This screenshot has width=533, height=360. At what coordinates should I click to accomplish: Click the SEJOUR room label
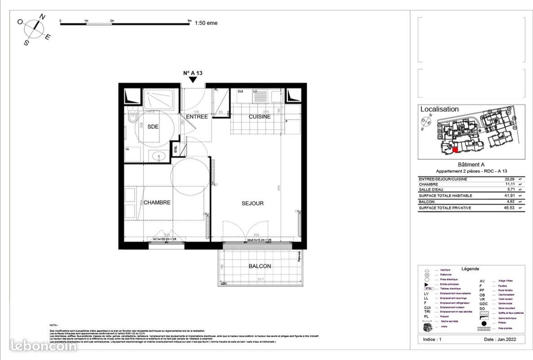coord(252,203)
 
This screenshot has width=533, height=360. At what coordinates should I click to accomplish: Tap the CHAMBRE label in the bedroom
coord(157,202)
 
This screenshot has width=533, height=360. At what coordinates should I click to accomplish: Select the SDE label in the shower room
coord(153,127)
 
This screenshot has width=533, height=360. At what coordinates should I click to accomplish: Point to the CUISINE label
coord(260,117)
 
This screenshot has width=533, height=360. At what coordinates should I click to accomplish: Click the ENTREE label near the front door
coord(197,117)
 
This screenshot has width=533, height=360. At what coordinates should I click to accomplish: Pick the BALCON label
coord(260,266)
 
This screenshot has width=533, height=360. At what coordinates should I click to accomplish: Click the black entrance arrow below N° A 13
coord(193,80)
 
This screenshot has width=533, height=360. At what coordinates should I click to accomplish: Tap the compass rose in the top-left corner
coord(36,28)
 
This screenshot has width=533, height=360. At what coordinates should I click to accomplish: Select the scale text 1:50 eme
coord(206,23)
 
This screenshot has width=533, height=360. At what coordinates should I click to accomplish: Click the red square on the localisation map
coord(455,150)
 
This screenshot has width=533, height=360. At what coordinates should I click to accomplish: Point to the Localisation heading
coord(439,109)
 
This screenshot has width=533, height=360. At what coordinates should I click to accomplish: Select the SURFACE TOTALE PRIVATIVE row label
coord(445,208)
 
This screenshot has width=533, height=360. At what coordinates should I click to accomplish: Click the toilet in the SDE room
coord(131,117)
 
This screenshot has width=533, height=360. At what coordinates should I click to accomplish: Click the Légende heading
coord(470,269)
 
